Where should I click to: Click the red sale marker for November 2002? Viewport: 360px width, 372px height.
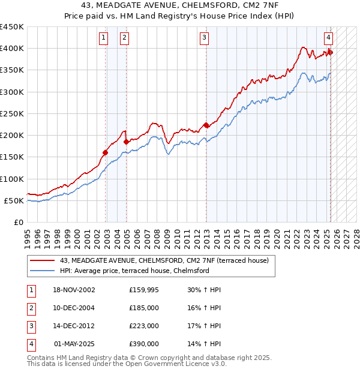105,152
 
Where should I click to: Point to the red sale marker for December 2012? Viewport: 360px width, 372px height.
206,125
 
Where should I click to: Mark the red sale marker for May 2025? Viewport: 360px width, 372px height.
330,52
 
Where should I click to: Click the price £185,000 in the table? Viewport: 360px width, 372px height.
144,308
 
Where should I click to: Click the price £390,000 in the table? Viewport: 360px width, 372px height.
144,344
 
